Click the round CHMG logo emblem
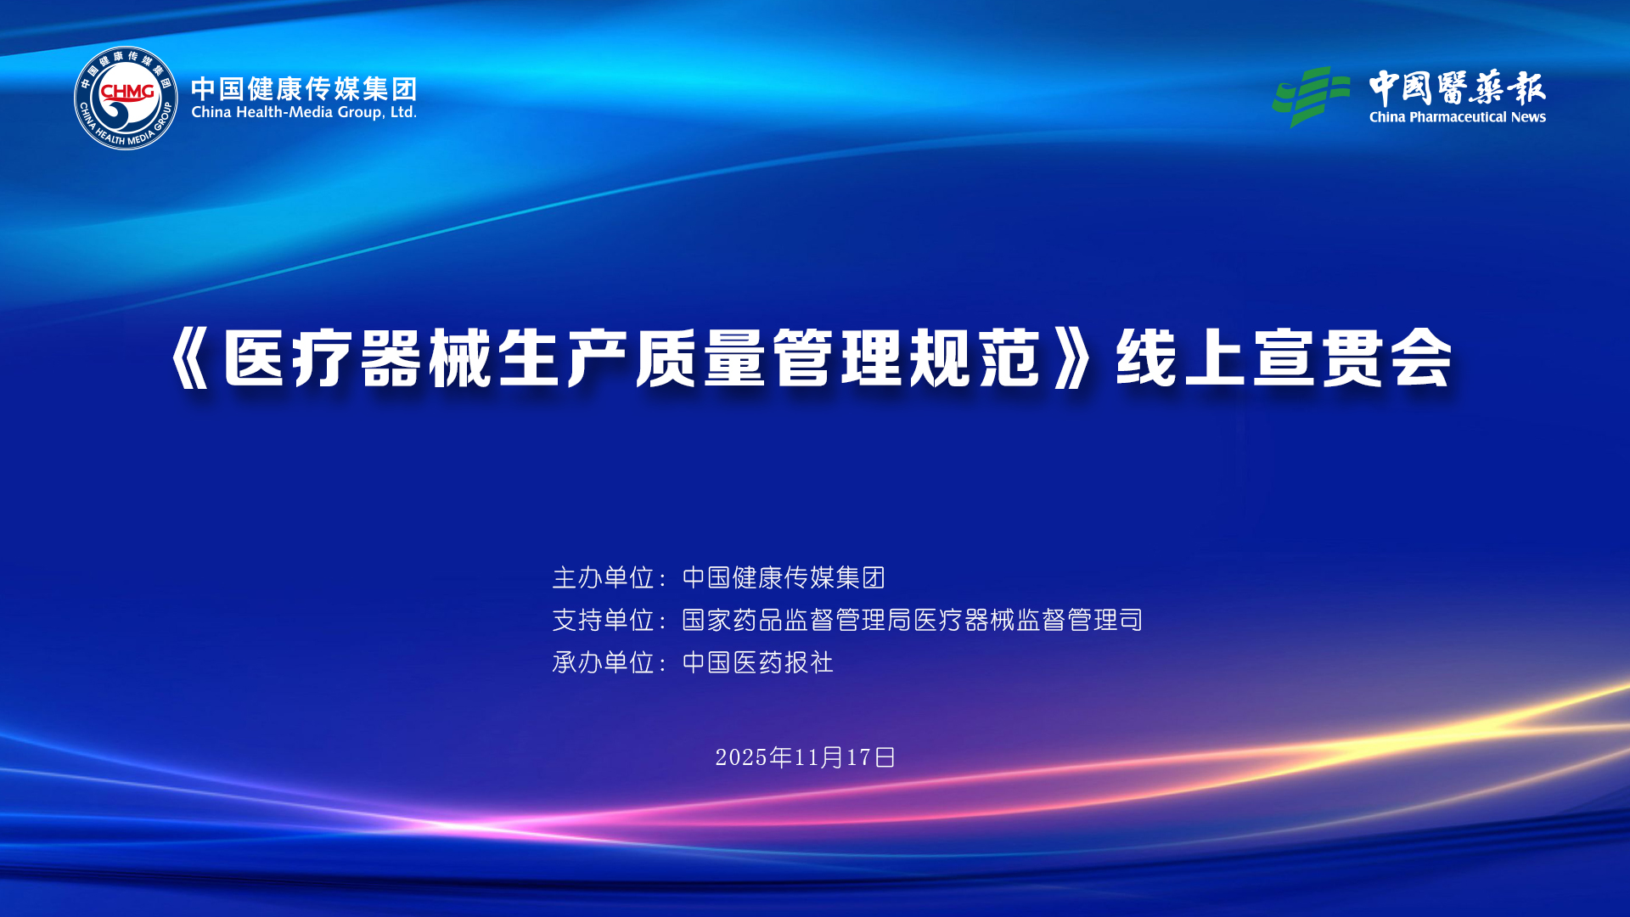click(x=126, y=98)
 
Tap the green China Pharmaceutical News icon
click(x=1311, y=97)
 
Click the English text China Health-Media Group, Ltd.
click(x=304, y=112)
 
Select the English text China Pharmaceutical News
click(x=1457, y=117)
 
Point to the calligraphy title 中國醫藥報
click(x=1457, y=87)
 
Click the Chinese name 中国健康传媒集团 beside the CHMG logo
click(x=304, y=88)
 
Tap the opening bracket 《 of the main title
click(x=190, y=358)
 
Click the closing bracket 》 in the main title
click(x=1071, y=358)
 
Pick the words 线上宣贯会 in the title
click(x=1284, y=358)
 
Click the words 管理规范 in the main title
click(x=907, y=358)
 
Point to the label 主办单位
click(x=603, y=577)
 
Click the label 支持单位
click(x=603, y=620)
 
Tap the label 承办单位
click(x=603, y=662)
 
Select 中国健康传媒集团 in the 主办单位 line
click(x=784, y=577)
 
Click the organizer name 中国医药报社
click(x=758, y=662)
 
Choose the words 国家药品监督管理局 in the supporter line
click(x=796, y=620)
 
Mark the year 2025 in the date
click(x=741, y=757)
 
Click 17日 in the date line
click(x=872, y=757)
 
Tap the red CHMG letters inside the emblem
click(x=127, y=91)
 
